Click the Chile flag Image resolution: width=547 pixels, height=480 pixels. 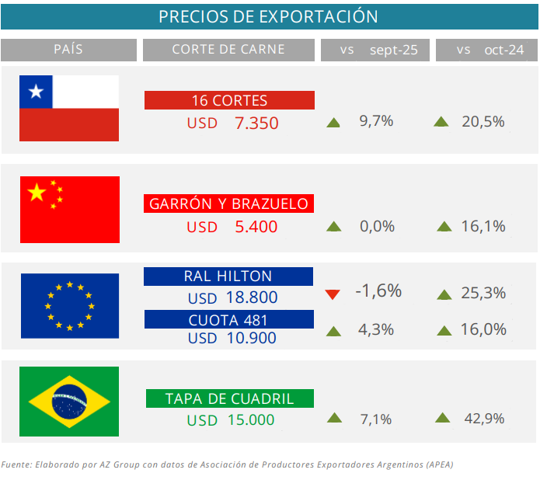coord(69,108)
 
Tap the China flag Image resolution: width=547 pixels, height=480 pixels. coord(69,210)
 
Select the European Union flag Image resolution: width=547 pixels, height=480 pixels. coord(69,305)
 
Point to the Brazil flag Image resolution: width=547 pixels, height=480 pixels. coord(69,402)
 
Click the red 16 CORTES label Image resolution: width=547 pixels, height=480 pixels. coord(229,100)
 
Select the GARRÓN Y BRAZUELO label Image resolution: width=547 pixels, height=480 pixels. coord(229,203)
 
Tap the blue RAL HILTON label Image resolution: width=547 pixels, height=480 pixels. coord(228,276)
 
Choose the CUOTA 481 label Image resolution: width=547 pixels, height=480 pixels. coord(228,319)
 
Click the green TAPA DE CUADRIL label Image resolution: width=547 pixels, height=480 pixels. coord(230,398)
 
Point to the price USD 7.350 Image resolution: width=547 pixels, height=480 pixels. coord(232,123)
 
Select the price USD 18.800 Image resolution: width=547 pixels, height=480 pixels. coord(232,297)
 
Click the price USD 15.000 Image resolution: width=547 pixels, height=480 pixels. coord(231,419)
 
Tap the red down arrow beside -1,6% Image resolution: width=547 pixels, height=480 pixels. coord(333,294)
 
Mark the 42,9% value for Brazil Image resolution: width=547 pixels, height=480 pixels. coord(483,419)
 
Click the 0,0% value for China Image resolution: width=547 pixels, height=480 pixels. coord(377,227)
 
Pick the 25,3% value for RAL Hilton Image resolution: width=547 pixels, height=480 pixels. coord(483,294)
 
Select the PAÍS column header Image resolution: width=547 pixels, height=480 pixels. coord(68,50)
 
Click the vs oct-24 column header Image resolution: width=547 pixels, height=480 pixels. coord(490,50)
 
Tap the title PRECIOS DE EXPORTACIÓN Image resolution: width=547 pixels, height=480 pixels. coord(269,16)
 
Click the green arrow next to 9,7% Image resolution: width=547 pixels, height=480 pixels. coord(333,122)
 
